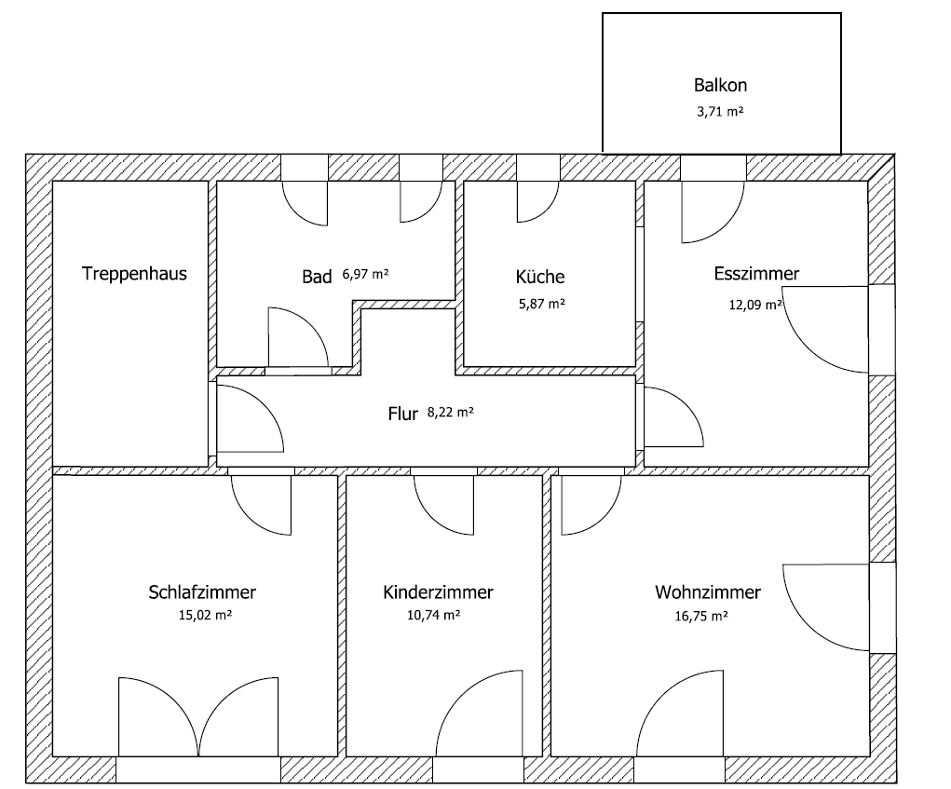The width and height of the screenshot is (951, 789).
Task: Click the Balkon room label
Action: pyautogui.click(x=720, y=85)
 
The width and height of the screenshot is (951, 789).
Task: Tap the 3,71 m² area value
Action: pyautogui.click(x=720, y=112)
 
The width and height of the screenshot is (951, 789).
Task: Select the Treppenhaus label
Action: pyautogui.click(x=134, y=274)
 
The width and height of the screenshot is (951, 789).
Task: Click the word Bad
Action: pyautogui.click(x=316, y=277)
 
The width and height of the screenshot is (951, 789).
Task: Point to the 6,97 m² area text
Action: pyautogui.click(x=365, y=275)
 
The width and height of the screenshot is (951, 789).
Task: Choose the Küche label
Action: pyautogui.click(x=540, y=277)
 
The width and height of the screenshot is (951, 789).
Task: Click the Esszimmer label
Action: pyautogui.click(x=756, y=274)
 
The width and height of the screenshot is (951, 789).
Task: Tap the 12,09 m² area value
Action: pyautogui.click(x=754, y=304)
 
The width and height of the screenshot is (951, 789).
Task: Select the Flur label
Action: pyautogui.click(x=402, y=415)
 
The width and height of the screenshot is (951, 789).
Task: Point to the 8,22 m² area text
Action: pyautogui.click(x=450, y=413)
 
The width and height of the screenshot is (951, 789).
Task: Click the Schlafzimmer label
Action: pyautogui.click(x=202, y=592)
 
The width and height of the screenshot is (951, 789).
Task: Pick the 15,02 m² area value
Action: pyautogui.click(x=202, y=616)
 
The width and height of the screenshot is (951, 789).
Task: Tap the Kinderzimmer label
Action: pyautogui.click(x=438, y=592)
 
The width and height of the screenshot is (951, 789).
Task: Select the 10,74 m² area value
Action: pyautogui.click(x=438, y=616)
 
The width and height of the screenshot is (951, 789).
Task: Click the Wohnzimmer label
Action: pyautogui.click(x=708, y=592)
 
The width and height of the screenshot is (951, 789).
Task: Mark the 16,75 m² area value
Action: pyautogui.click(x=701, y=616)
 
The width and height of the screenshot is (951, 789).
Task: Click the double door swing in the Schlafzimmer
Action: pyautogui.click(x=198, y=717)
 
